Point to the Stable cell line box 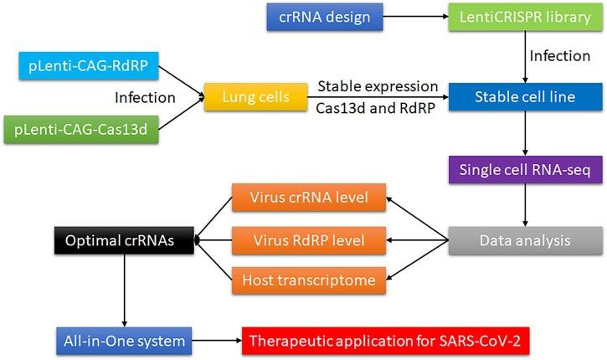pyautogui.click(x=524, y=97)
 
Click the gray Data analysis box pyautogui.click(x=524, y=240)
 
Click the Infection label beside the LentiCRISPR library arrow pyautogui.click(x=559, y=56)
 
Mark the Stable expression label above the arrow pyautogui.click(x=377, y=85)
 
